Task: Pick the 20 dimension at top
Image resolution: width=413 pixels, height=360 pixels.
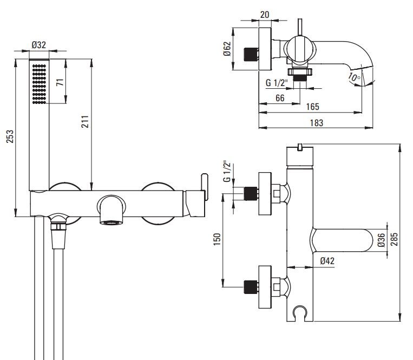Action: pyautogui.click(x=264, y=15)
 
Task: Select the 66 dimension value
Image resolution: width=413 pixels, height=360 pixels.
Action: pyautogui.click(x=280, y=97)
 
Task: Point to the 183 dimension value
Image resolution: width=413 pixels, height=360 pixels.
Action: pyautogui.click(x=317, y=123)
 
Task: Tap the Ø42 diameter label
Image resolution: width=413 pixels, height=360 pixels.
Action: pyautogui.click(x=326, y=261)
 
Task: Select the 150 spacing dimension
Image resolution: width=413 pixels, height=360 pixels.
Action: pyautogui.click(x=217, y=239)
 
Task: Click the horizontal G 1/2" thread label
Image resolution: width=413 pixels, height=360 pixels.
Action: pyautogui.click(x=277, y=83)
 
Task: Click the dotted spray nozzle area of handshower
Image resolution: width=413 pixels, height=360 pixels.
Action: pyautogui.click(x=40, y=83)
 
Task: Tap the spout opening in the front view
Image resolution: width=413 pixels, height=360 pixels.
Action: pyautogui.click(x=111, y=222)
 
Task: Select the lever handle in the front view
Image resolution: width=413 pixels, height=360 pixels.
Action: pyautogui.click(x=203, y=187)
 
